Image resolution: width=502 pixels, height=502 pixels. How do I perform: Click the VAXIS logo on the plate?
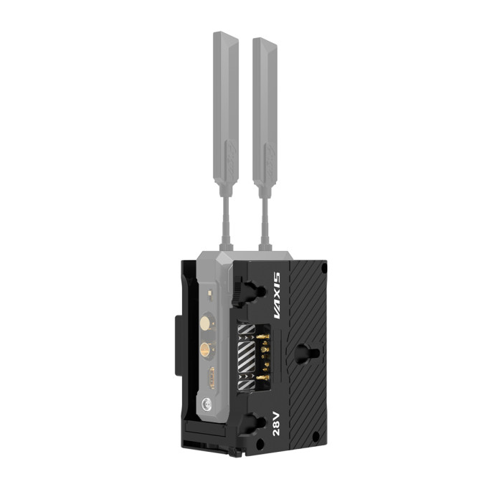(x=277, y=295)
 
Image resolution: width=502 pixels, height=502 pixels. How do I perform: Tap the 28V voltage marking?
(x=276, y=424)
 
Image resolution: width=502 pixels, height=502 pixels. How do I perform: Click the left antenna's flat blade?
(x=226, y=108)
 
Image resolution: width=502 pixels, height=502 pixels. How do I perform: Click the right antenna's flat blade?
(x=265, y=113)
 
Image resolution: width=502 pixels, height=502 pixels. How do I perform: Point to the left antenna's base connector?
(x=226, y=247)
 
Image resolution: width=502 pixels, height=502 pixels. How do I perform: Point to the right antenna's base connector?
(x=265, y=247)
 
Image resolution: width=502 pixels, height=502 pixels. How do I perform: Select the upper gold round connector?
(x=205, y=323)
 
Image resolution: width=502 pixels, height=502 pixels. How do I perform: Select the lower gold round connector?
(x=205, y=350)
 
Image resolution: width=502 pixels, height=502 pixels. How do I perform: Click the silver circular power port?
(x=207, y=404)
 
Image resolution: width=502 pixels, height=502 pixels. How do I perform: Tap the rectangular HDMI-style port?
(x=212, y=378)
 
